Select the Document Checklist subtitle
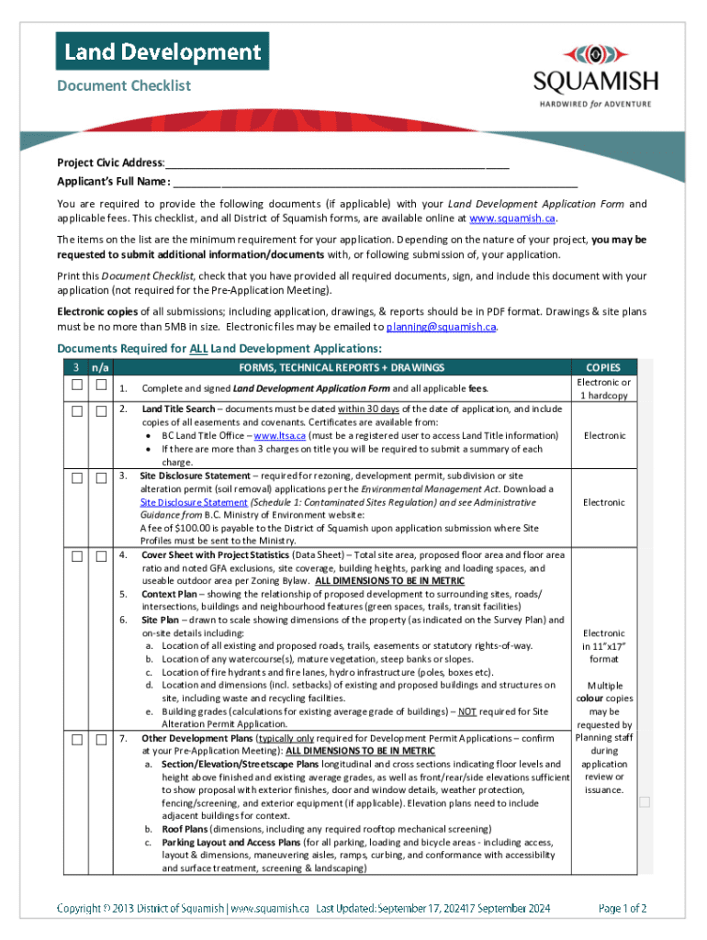pos(124,85)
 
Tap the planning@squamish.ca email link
pos(441,326)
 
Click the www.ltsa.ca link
pos(279,435)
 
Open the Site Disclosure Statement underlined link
pos(194,502)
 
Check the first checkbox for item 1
pos(78,385)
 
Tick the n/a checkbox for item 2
pos(101,409)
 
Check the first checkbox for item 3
pos(78,477)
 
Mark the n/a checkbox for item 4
pos(101,556)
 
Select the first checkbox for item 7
pos(78,739)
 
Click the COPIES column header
pos(602,367)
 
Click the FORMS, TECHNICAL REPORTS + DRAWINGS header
pos(342,367)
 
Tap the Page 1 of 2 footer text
pos(622,909)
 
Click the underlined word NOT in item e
pos(467,711)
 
